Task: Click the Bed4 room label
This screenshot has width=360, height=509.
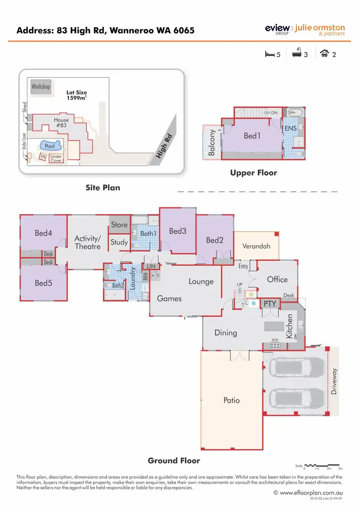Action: (x=43, y=233)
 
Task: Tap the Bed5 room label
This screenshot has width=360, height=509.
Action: (x=43, y=283)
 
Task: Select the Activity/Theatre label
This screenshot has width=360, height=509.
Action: (x=87, y=242)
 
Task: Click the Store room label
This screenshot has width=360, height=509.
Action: (x=119, y=225)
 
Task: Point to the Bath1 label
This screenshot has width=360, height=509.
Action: (x=148, y=234)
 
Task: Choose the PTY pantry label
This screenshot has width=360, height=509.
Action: (x=270, y=304)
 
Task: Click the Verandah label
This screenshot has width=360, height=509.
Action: (x=256, y=246)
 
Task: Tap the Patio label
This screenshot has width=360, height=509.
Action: (x=231, y=400)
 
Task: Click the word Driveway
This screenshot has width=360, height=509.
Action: (x=335, y=382)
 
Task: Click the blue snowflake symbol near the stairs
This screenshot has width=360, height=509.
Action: (x=253, y=303)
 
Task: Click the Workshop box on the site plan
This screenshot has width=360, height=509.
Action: (x=41, y=87)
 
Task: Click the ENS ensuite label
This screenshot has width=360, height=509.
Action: (x=290, y=129)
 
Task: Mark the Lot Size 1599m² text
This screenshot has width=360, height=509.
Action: (x=77, y=95)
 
